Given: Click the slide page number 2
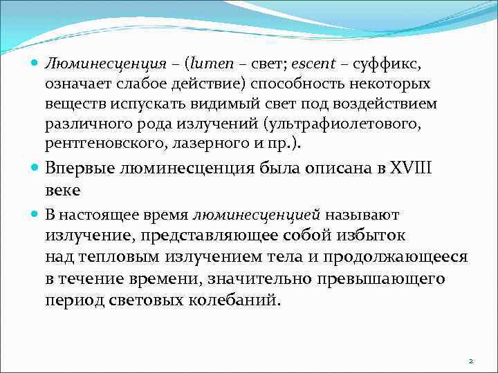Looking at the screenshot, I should click(x=470, y=361).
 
